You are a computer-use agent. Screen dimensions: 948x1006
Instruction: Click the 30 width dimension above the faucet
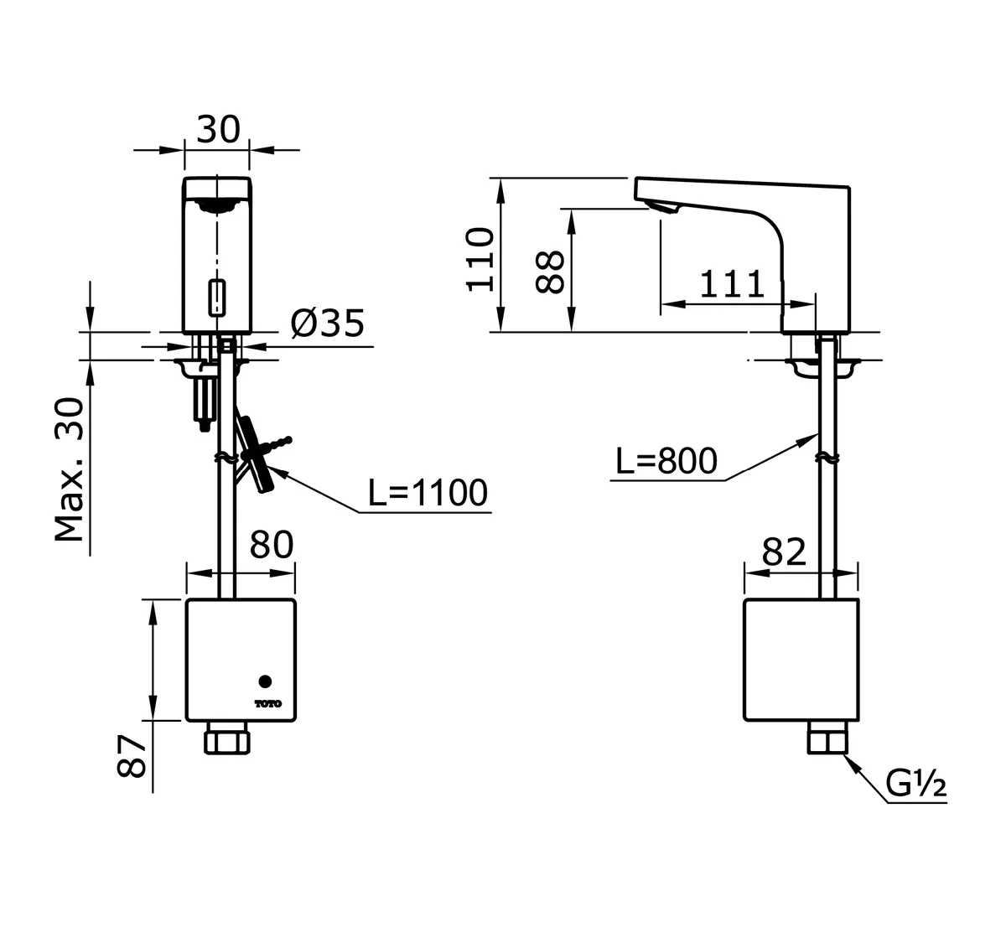click(218, 130)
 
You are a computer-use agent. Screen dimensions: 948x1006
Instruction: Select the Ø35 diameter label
click(328, 323)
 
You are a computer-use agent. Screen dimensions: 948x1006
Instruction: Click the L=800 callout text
click(666, 460)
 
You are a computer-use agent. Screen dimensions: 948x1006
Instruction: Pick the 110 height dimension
click(481, 257)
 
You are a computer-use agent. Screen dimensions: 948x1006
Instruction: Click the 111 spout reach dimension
click(733, 284)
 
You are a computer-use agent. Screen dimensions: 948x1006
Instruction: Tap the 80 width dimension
click(272, 545)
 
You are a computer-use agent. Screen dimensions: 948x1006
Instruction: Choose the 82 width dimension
click(784, 552)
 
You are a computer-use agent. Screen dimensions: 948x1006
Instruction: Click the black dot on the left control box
click(266, 681)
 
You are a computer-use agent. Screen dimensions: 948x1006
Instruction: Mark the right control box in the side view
click(801, 660)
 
